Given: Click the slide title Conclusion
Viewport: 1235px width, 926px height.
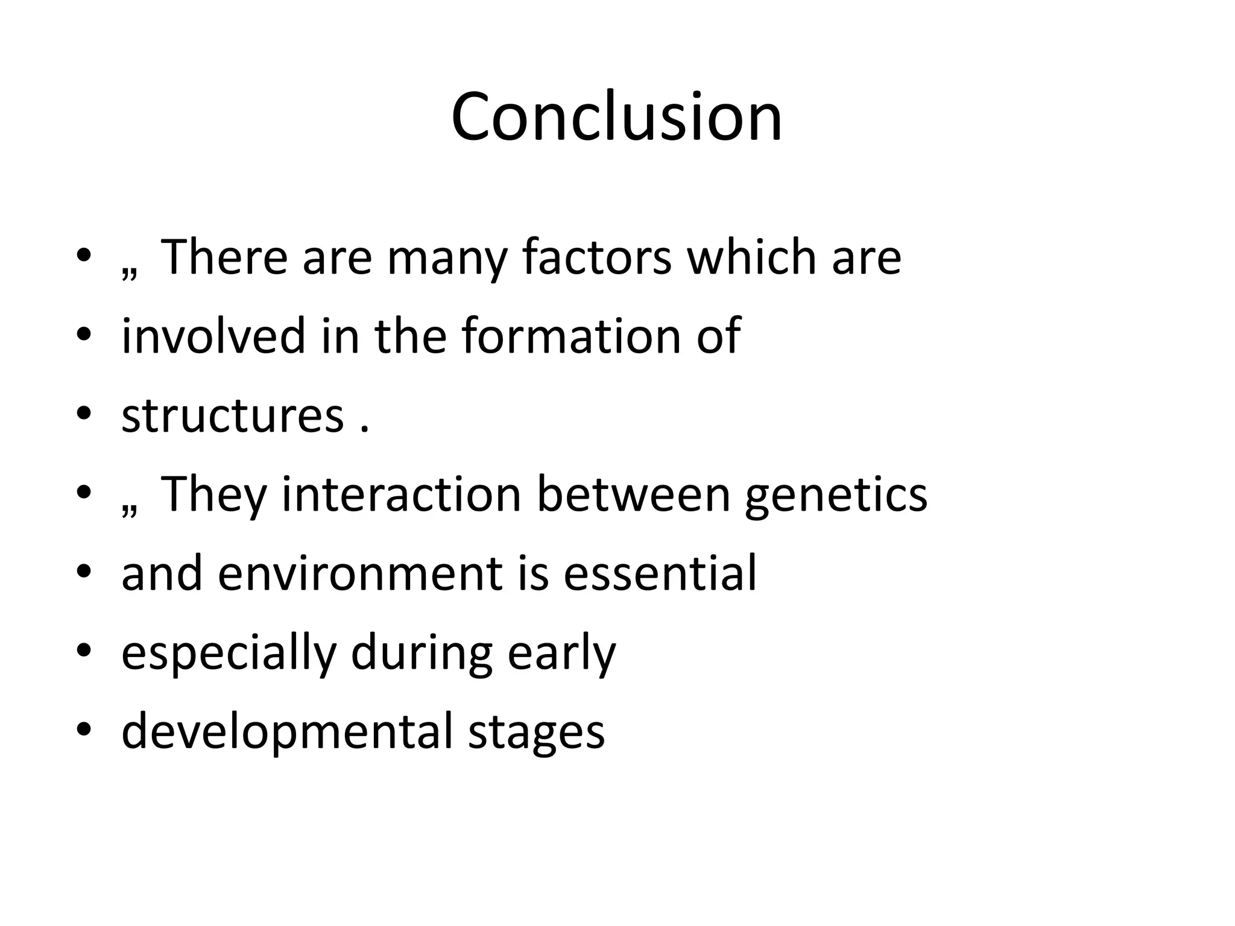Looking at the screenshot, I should coord(616,117).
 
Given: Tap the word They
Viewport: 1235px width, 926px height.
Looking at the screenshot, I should coord(213,494).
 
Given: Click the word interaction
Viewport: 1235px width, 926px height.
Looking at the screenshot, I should coord(402,494).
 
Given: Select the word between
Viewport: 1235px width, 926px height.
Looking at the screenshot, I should coord(633,494).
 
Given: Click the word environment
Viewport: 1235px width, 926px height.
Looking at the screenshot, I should coord(359,573).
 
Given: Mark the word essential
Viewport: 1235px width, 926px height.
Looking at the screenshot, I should coord(660,573).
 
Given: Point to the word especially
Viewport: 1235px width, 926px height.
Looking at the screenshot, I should coord(228,655).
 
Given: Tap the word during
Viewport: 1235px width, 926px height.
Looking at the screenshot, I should coord(422,655).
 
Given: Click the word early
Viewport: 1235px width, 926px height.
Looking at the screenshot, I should coord(561,655).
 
